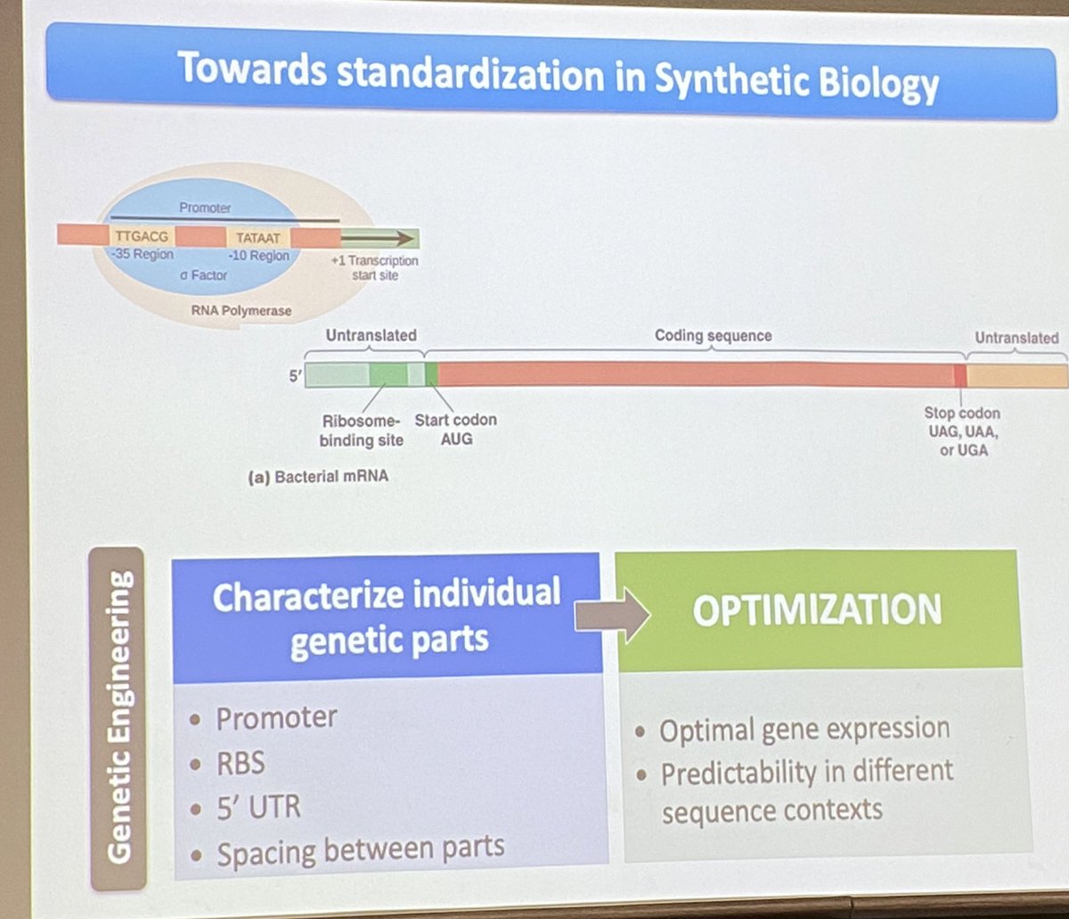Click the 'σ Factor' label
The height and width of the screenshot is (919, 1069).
click(202, 275)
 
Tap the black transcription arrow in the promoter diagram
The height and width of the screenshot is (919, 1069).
click(379, 238)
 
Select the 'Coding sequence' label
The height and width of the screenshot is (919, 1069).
click(713, 336)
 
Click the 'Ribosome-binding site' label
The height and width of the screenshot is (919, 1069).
click(362, 429)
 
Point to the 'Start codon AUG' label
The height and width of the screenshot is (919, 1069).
click(455, 429)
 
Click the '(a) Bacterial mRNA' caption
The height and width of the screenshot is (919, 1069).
click(319, 477)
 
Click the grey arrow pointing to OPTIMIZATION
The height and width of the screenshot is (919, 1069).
click(613, 614)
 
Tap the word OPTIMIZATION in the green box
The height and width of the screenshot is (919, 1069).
click(816, 611)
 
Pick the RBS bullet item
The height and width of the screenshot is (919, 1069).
click(241, 763)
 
